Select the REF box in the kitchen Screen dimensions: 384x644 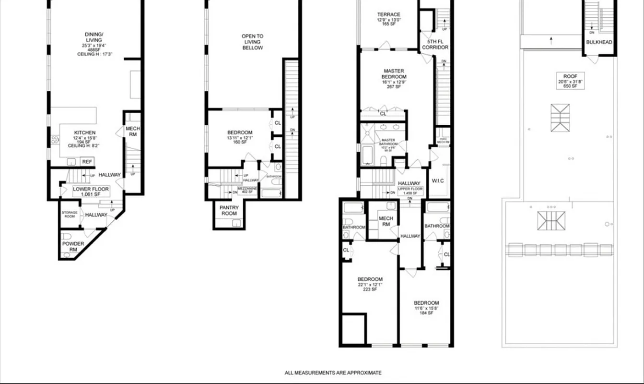[x=87, y=162]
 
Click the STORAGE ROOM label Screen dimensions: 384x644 [x=69, y=215]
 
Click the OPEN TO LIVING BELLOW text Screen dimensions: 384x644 [x=252, y=42]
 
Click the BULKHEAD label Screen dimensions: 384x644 [x=599, y=43]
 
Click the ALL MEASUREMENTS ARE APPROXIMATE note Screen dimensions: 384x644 [x=333, y=372]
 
